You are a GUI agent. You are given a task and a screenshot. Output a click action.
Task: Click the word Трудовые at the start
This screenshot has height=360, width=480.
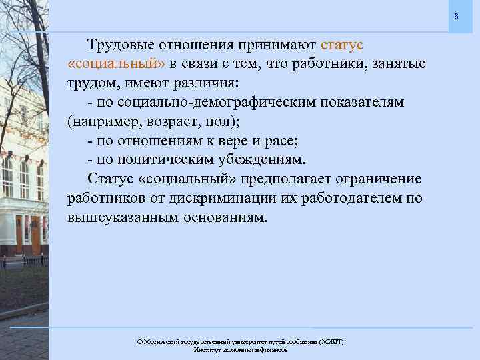click(120, 45)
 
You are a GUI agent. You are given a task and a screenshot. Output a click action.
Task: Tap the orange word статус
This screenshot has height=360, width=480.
click(342, 45)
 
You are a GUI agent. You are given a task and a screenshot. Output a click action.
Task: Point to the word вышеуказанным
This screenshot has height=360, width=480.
click(119, 219)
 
